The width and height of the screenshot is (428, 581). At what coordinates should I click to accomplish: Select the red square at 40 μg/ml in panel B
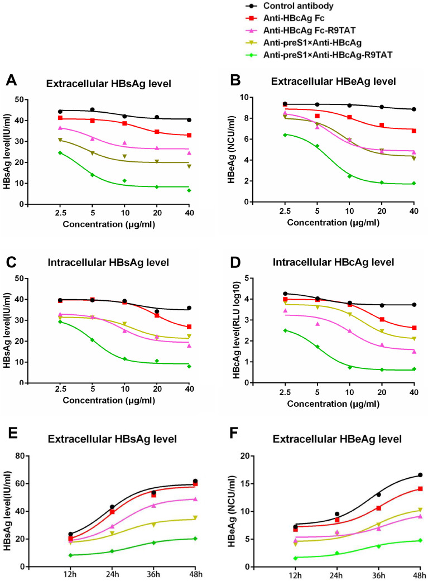coord(413,131)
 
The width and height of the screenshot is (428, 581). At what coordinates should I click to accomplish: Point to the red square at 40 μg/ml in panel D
coord(413,328)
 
